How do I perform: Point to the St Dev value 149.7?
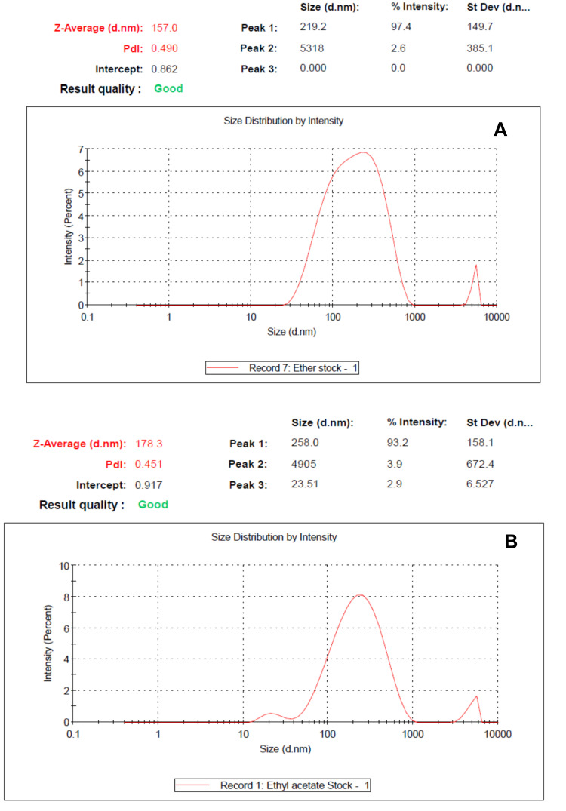pyautogui.click(x=480, y=28)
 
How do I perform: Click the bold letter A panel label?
pyautogui.click(x=500, y=131)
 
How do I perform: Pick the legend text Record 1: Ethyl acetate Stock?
pyautogui.click(x=273, y=786)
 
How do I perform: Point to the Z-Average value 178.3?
pyautogui.click(x=148, y=443)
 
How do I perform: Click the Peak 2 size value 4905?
pyautogui.click(x=306, y=463)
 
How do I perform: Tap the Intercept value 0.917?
pyautogui.click(x=148, y=484)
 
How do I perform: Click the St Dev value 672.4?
pyautogui.click(x=480, y=463)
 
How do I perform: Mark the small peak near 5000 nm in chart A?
pyautogui.click(x=475, y=266)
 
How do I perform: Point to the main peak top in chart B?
pyautogui.click(x=361, y=595)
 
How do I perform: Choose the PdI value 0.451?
pyautogui.click(x=148, y=463)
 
